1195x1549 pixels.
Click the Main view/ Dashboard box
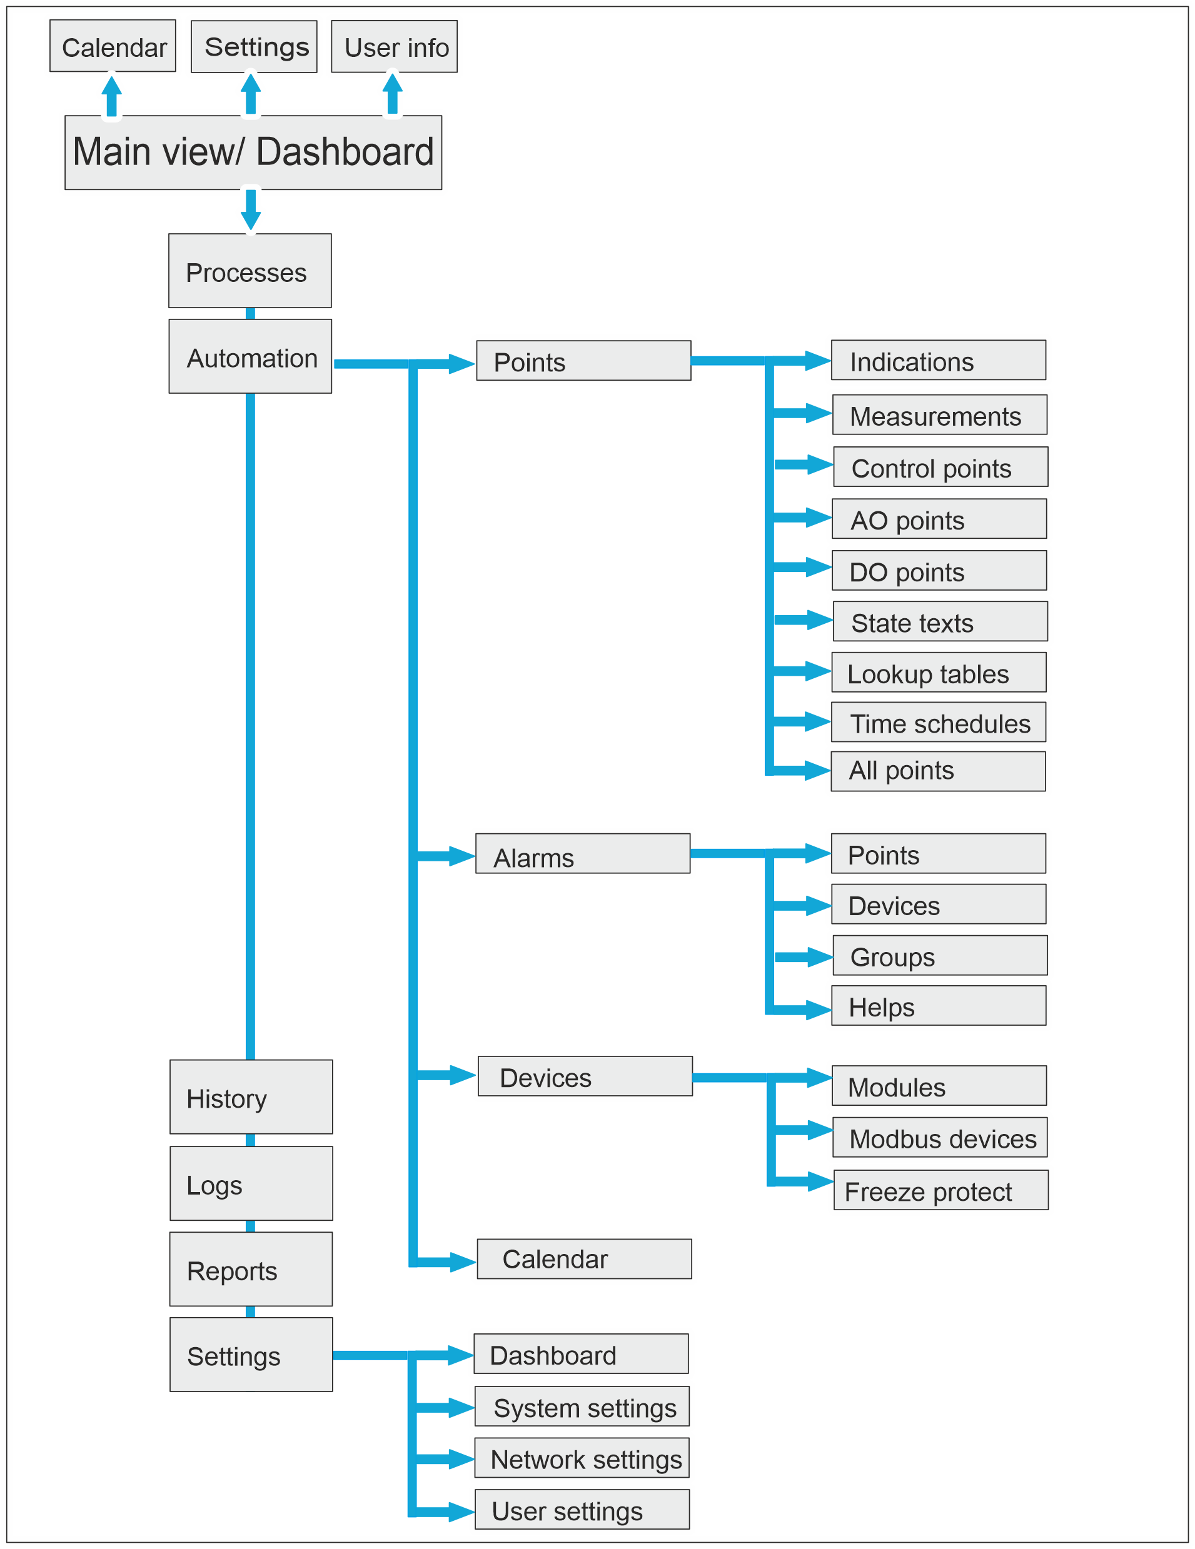point(253,153)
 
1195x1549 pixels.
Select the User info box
point(394,47)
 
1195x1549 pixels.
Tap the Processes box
point(250,271)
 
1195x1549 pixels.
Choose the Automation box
point(250,356)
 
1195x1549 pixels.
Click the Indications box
point(937,360)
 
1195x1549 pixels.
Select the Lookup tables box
point(938,673)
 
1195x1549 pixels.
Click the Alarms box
point(582,853)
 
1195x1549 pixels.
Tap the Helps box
point(938,1006)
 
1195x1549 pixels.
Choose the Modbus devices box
point(939,1138)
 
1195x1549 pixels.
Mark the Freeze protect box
point(940,1190)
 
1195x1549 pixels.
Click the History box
point(251,1097)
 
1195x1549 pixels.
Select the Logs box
point(251,1184)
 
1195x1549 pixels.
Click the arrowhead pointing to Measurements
point(817,413)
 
